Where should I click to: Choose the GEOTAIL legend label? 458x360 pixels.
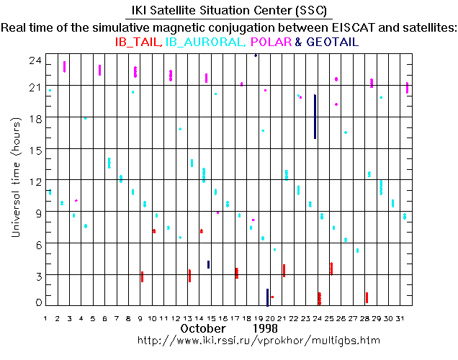332,42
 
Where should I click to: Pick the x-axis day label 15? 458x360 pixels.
212,318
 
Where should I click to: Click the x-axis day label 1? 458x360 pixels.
45,318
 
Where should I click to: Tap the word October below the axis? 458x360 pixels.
202,328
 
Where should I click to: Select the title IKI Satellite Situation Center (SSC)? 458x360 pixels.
228,12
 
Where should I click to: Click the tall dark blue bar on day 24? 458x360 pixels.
315,117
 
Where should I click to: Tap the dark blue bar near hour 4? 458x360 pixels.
208,264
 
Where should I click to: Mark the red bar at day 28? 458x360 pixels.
367,297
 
